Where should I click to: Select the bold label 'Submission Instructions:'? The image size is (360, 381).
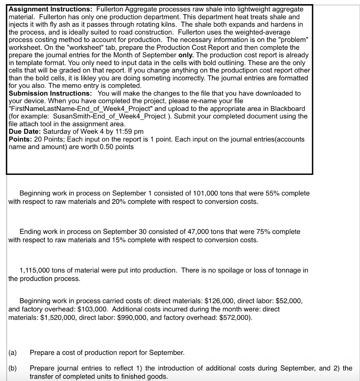(x=51, y=93)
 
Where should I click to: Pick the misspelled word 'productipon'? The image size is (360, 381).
(x=265, y=70)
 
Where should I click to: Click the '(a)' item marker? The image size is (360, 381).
(x=13, y=352)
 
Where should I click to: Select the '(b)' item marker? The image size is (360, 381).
(x=13, y=369)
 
